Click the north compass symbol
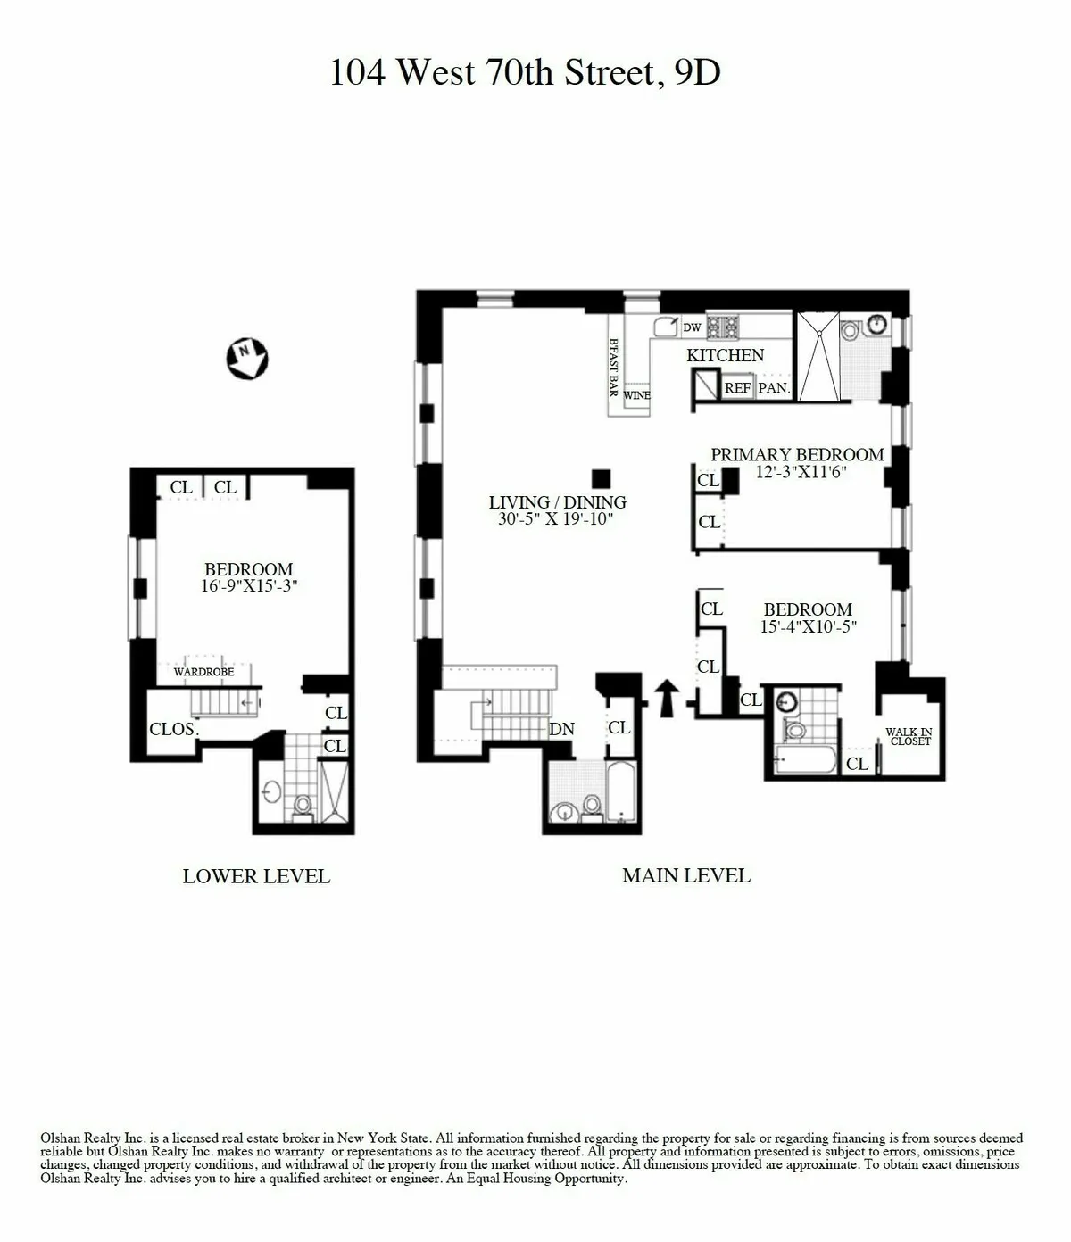pyautogui.click(x=246, y=358)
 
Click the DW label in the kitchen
pyautogui.click(x=692, y=327)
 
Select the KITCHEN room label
pyautogui.click(x=725, y=355)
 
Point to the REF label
pyautogui.click(x=737, y=388)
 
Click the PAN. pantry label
pyautogui.click(x=774, y=388)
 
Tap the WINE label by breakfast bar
pyautogui.click(x=636, y=395)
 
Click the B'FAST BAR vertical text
pyautogui.click(x=614, y=367)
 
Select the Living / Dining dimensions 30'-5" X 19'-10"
pyautogui.click(x=556, y=519)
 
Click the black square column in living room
pyautogui.click(x=601, y=478)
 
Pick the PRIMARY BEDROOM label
pyautogui.click(x=797, y=454)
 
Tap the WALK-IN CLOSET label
pyautogui.click(x=909, y=736)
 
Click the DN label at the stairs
pyautogui.click(x=561, y=729)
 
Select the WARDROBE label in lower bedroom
pyautogui.click(x=203, y=672)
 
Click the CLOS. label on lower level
pyautogui.click(x=173, y=729)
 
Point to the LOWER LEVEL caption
pyautogui.click(x=256, y=876)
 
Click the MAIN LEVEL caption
pyautogui.click(x=685, y=875)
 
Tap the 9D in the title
pyautogui.click(x=697, y=72)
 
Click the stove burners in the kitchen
pyautogui.click(x=722, y=327)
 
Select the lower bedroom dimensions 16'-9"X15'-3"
pyautogui.click(x=249, y=586)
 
